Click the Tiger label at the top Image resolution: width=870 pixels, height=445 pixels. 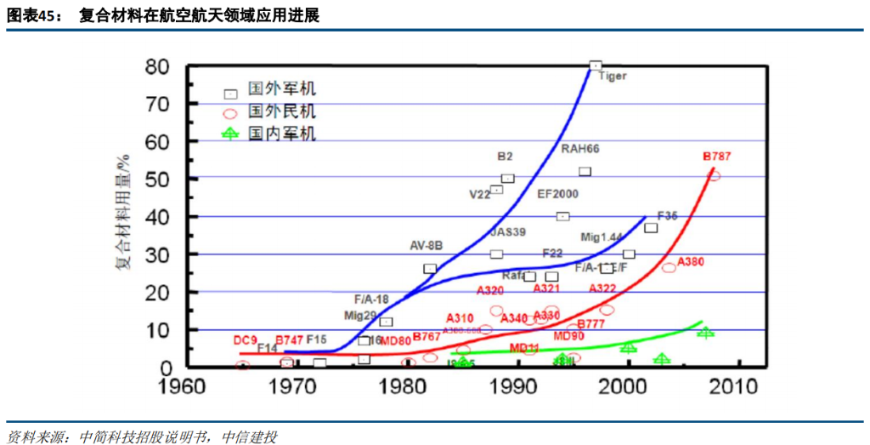(613, 76)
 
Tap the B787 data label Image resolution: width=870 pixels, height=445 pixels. (716, 157)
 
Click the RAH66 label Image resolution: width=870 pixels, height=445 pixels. (580, 149)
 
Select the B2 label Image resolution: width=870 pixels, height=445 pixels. (505, 157)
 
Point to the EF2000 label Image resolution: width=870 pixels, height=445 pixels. (557, 194)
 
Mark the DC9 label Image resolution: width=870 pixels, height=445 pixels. (246, 340)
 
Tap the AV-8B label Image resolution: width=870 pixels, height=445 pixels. (427, 245)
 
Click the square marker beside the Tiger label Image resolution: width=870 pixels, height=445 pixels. (595, 66)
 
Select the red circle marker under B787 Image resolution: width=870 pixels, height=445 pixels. (714, 175)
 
